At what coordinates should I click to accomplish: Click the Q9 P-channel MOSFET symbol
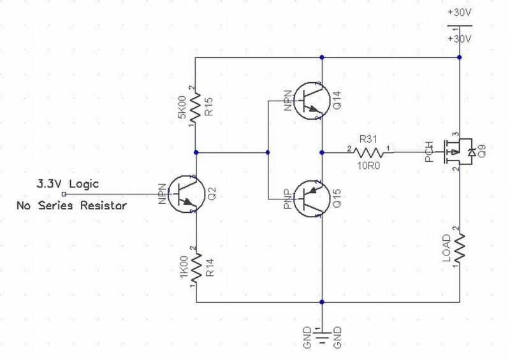459,152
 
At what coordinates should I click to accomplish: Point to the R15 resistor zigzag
196,105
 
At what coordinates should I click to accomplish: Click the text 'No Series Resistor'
71,206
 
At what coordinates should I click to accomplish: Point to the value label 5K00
182,105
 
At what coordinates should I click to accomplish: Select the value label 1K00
182,268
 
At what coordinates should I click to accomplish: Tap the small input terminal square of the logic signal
63,194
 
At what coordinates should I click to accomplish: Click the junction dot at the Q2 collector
196,152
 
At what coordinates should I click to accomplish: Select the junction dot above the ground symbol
323,302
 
